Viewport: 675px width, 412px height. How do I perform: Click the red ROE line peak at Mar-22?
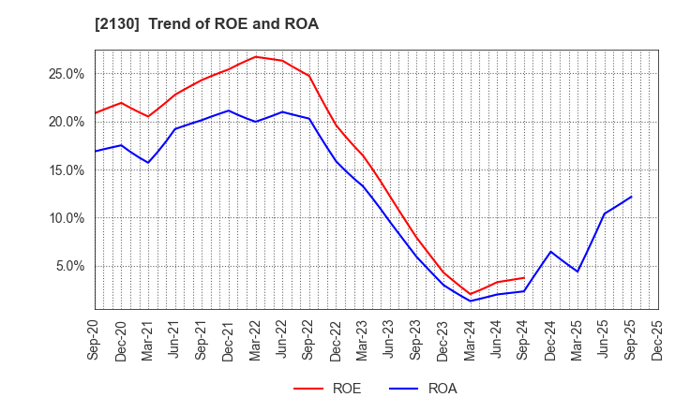pos(255,56)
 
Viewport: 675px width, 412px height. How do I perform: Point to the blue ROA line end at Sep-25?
pos(631,197)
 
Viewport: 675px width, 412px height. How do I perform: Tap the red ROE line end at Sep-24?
pos(524,277)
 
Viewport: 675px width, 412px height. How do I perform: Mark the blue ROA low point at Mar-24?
pos(471,301)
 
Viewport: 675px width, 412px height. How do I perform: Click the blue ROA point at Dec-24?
pos(550,251)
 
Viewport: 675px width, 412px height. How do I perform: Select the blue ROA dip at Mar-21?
pos(148,162)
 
